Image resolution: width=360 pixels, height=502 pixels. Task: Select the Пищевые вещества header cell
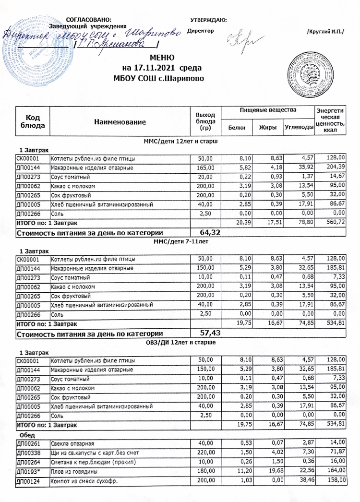click(268, 111)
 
